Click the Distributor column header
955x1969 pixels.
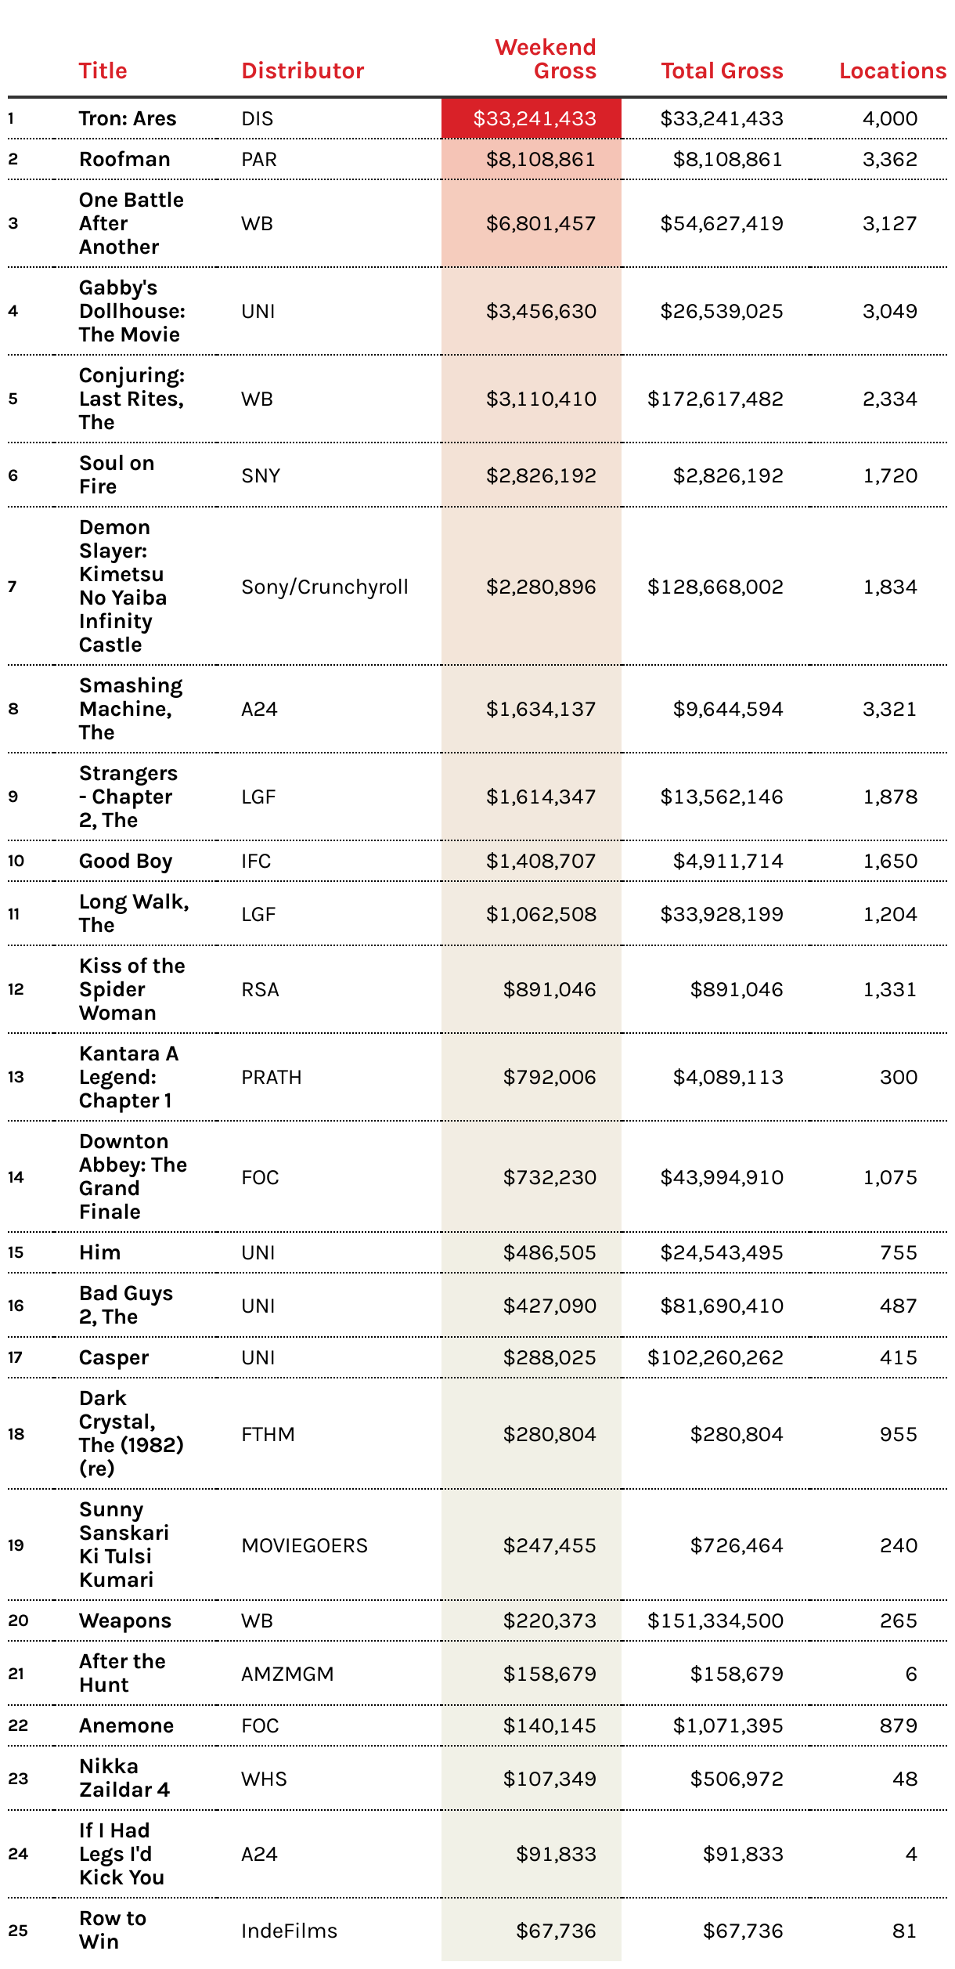click(x=302, y=71)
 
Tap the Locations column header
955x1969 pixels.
click(x=892, y=71)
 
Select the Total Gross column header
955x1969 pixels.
click(x=722, y=71)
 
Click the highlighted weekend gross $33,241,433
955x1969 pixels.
click(x=535, y=119)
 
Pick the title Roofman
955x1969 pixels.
click(x=124, y=160)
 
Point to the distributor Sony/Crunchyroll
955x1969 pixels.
click(x=325, y=587)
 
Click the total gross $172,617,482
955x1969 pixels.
click(x=715, y=399)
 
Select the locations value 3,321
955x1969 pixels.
click(x=889, y=710)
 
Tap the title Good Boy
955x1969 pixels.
click(x=125, y=862)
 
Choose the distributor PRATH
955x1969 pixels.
click(x=272, y=1078)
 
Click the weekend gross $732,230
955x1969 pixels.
click(x=550, y=1178)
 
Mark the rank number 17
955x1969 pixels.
click(x=15, y=1358)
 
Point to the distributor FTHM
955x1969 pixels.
click(x=268, y=1435)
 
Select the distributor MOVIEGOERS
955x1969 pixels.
click(x=305, y=1546)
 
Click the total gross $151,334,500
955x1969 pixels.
click(x=715, y=1621)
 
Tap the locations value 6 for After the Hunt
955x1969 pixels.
click(x=910, y=1675)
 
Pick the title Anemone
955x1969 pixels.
click(x=126, y=1726)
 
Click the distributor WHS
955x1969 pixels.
click(x=264, y=1779)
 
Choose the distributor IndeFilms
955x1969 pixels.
click(x=289, y=1931)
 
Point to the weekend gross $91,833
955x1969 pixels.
click(x=556, y=1855)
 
